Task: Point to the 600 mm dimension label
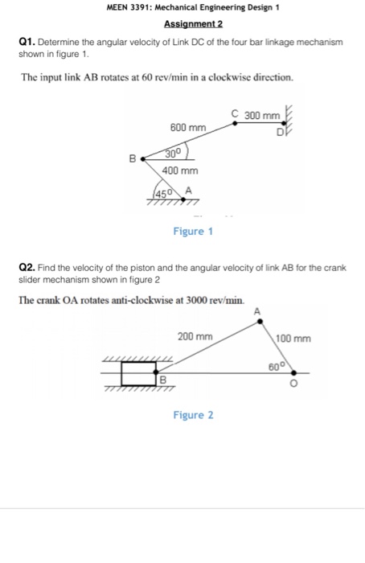pos(187,128)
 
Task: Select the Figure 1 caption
pos(193,232)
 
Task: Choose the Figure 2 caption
pos(193,415)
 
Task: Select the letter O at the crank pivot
pos(295,384)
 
